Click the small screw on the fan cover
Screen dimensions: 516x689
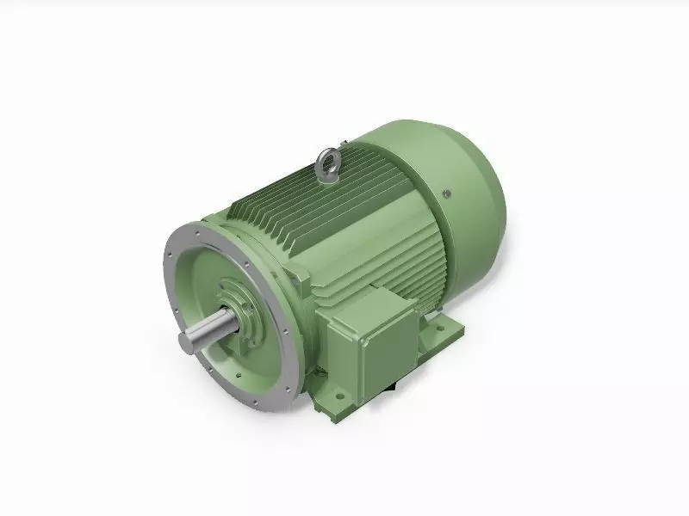click(x=445, y=193)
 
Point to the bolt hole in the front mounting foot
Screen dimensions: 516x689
click(x=338, y=397)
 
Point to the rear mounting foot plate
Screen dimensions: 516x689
click(x=444, y=331)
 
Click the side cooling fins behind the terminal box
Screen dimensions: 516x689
click(x=431, y=284)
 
